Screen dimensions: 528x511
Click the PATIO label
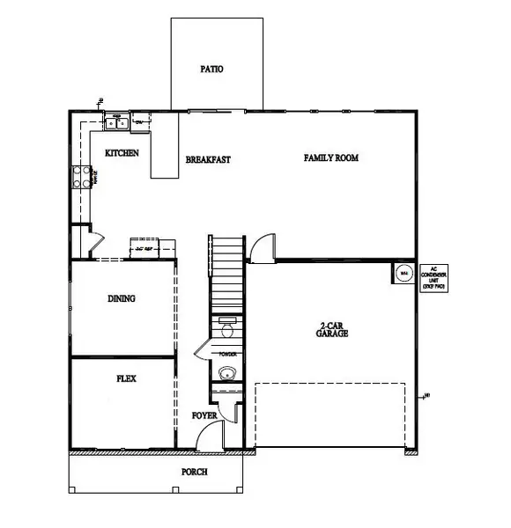click(211, 68)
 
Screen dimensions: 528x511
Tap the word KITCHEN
click(122, 153)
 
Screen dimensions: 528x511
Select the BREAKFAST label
click(208, 160)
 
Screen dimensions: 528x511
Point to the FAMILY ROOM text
click(332, 158)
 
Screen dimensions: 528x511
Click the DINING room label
click(122, 298)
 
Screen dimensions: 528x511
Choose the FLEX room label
click(126, 379)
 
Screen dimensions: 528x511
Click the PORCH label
click(194, 473)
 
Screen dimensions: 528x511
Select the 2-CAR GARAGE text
click(333, 331)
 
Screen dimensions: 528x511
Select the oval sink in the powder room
click(227, 373)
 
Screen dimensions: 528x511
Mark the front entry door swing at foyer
click(210, 436)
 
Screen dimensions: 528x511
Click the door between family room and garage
click(263, 249)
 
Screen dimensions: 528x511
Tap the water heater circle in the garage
click(404, 273)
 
